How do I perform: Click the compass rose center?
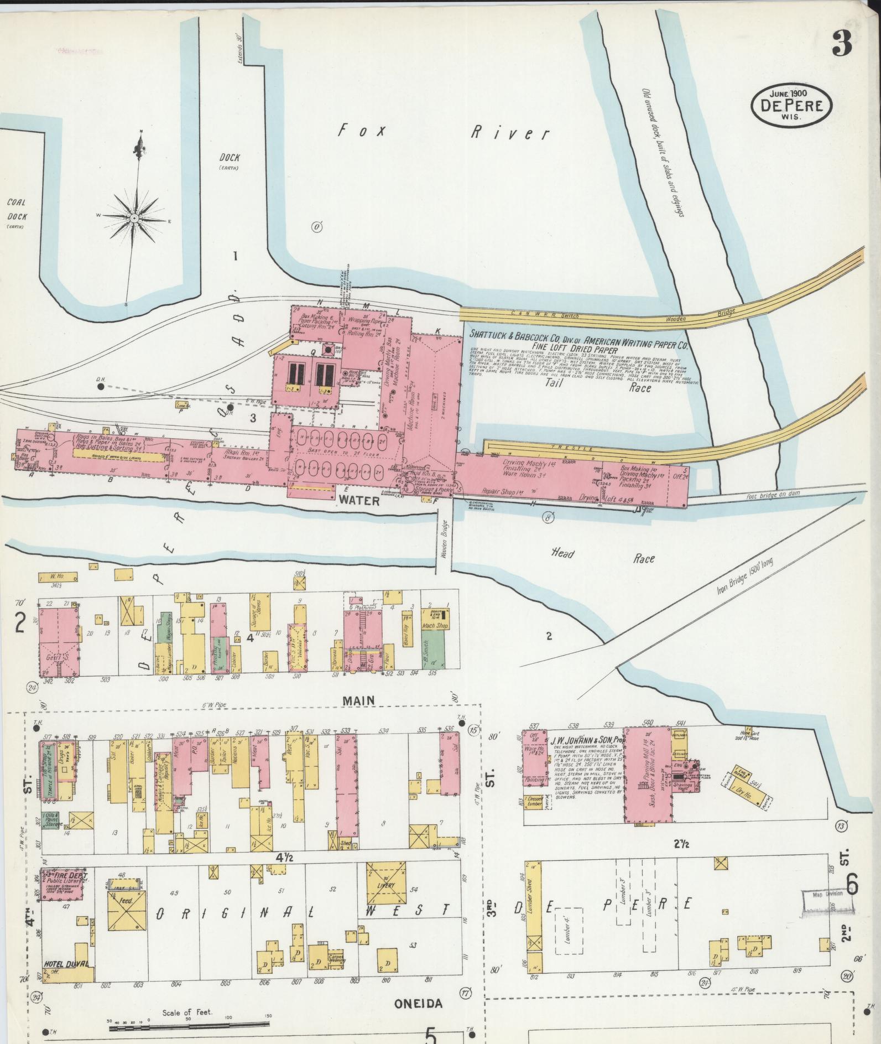pyautogui.click(x=133, y=219)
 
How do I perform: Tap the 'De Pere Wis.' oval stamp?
pyautogui.click(x=791, y=106)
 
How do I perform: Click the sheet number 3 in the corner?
pyautogui.click(x=841, y=43)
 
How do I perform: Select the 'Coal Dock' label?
pyautogui.click(x=17, y=210)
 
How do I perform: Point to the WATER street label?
pyautogui.click(x=359, y=501)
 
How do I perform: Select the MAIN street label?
pyautogui.click(x=358, y=700)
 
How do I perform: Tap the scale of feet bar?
pyautogui.click(x=188, y=1029)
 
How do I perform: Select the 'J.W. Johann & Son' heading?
pyautogui.click(x=587, y=740)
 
